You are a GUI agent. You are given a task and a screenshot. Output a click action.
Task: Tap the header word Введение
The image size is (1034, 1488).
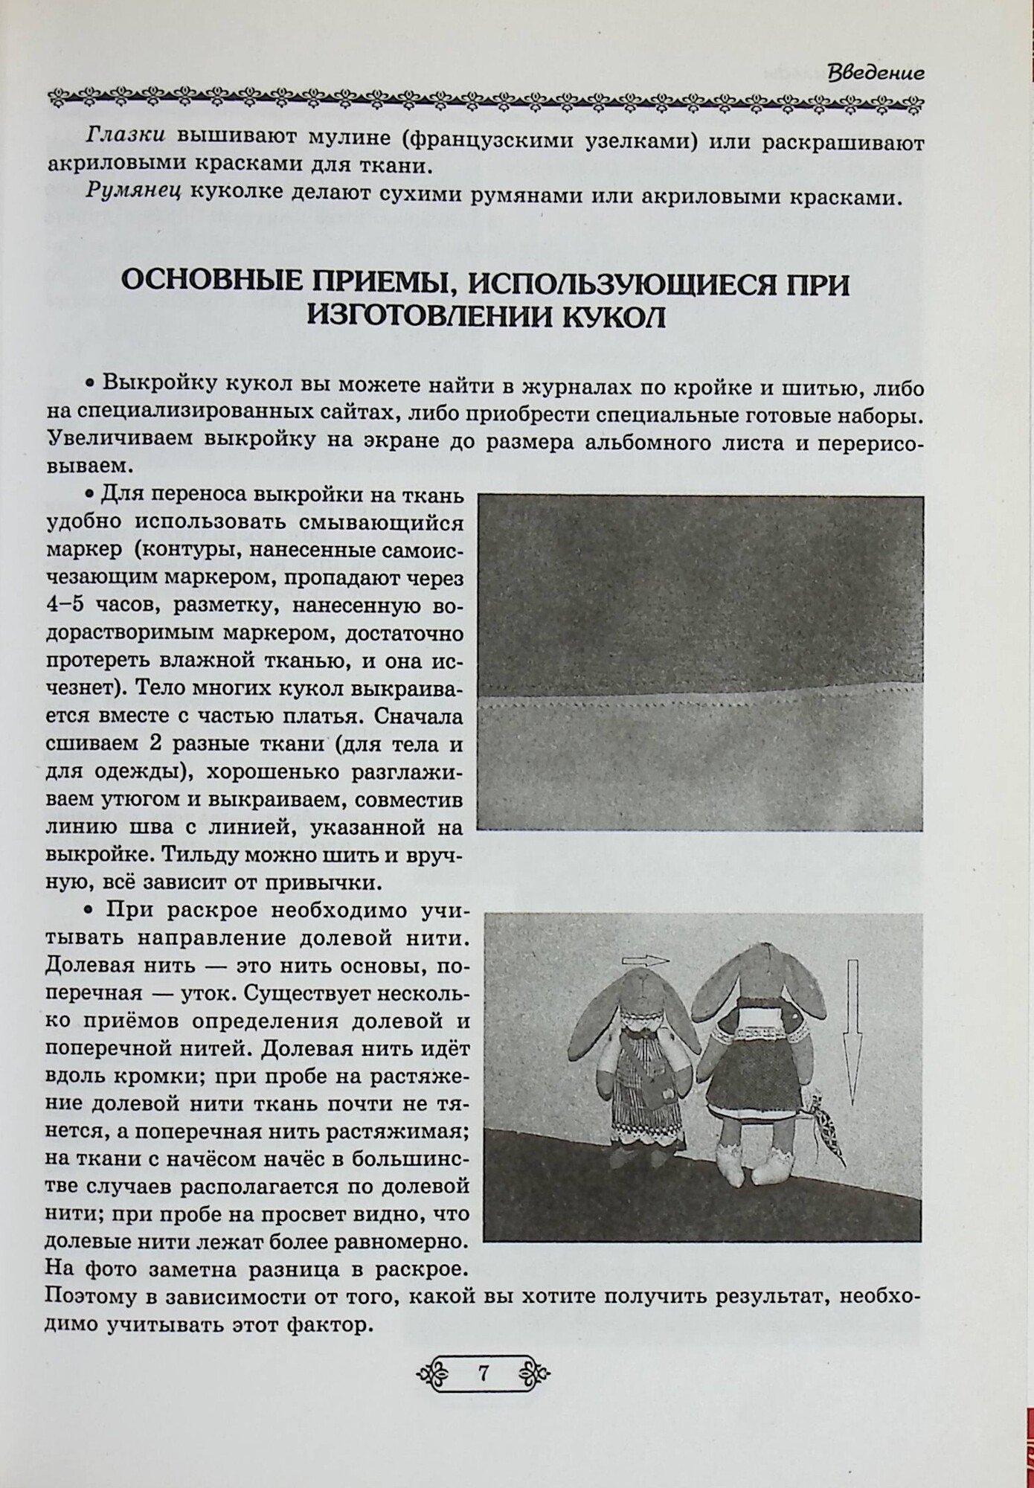point(876,73)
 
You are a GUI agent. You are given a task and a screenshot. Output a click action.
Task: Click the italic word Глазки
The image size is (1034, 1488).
point(125,136)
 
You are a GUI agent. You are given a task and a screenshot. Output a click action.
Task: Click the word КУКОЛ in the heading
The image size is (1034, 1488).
point(610,318)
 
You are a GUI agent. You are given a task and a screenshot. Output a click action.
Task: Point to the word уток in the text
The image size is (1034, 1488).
point(195,995)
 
